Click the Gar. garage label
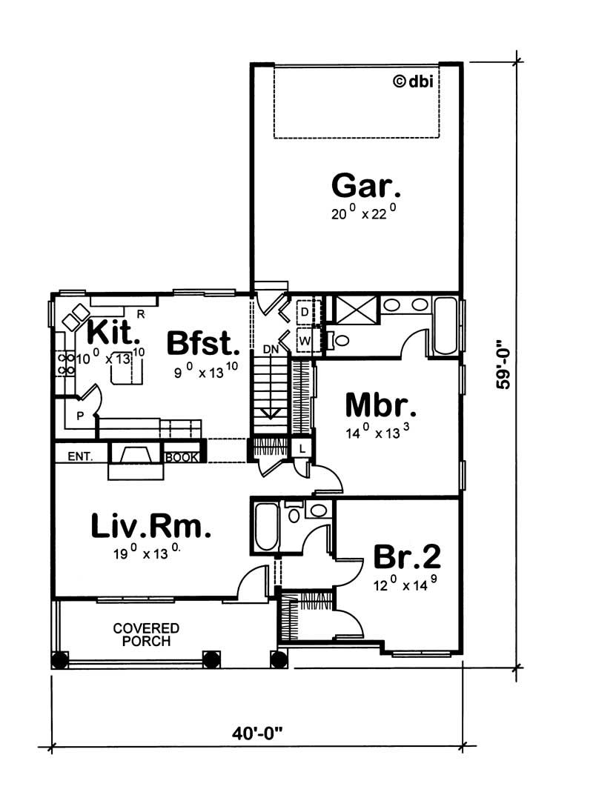365,186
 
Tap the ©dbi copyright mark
414,81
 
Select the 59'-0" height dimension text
503,363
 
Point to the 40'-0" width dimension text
257,734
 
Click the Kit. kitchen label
113,333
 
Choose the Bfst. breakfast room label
203,343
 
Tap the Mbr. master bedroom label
381,405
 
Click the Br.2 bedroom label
407,556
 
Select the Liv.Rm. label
150,526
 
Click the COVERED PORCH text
146,635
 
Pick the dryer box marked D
305,312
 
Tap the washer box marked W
305,341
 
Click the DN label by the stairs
271,349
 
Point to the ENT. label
81,457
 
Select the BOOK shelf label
182,457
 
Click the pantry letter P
79,416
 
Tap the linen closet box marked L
302,449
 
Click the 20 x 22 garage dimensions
364,213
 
